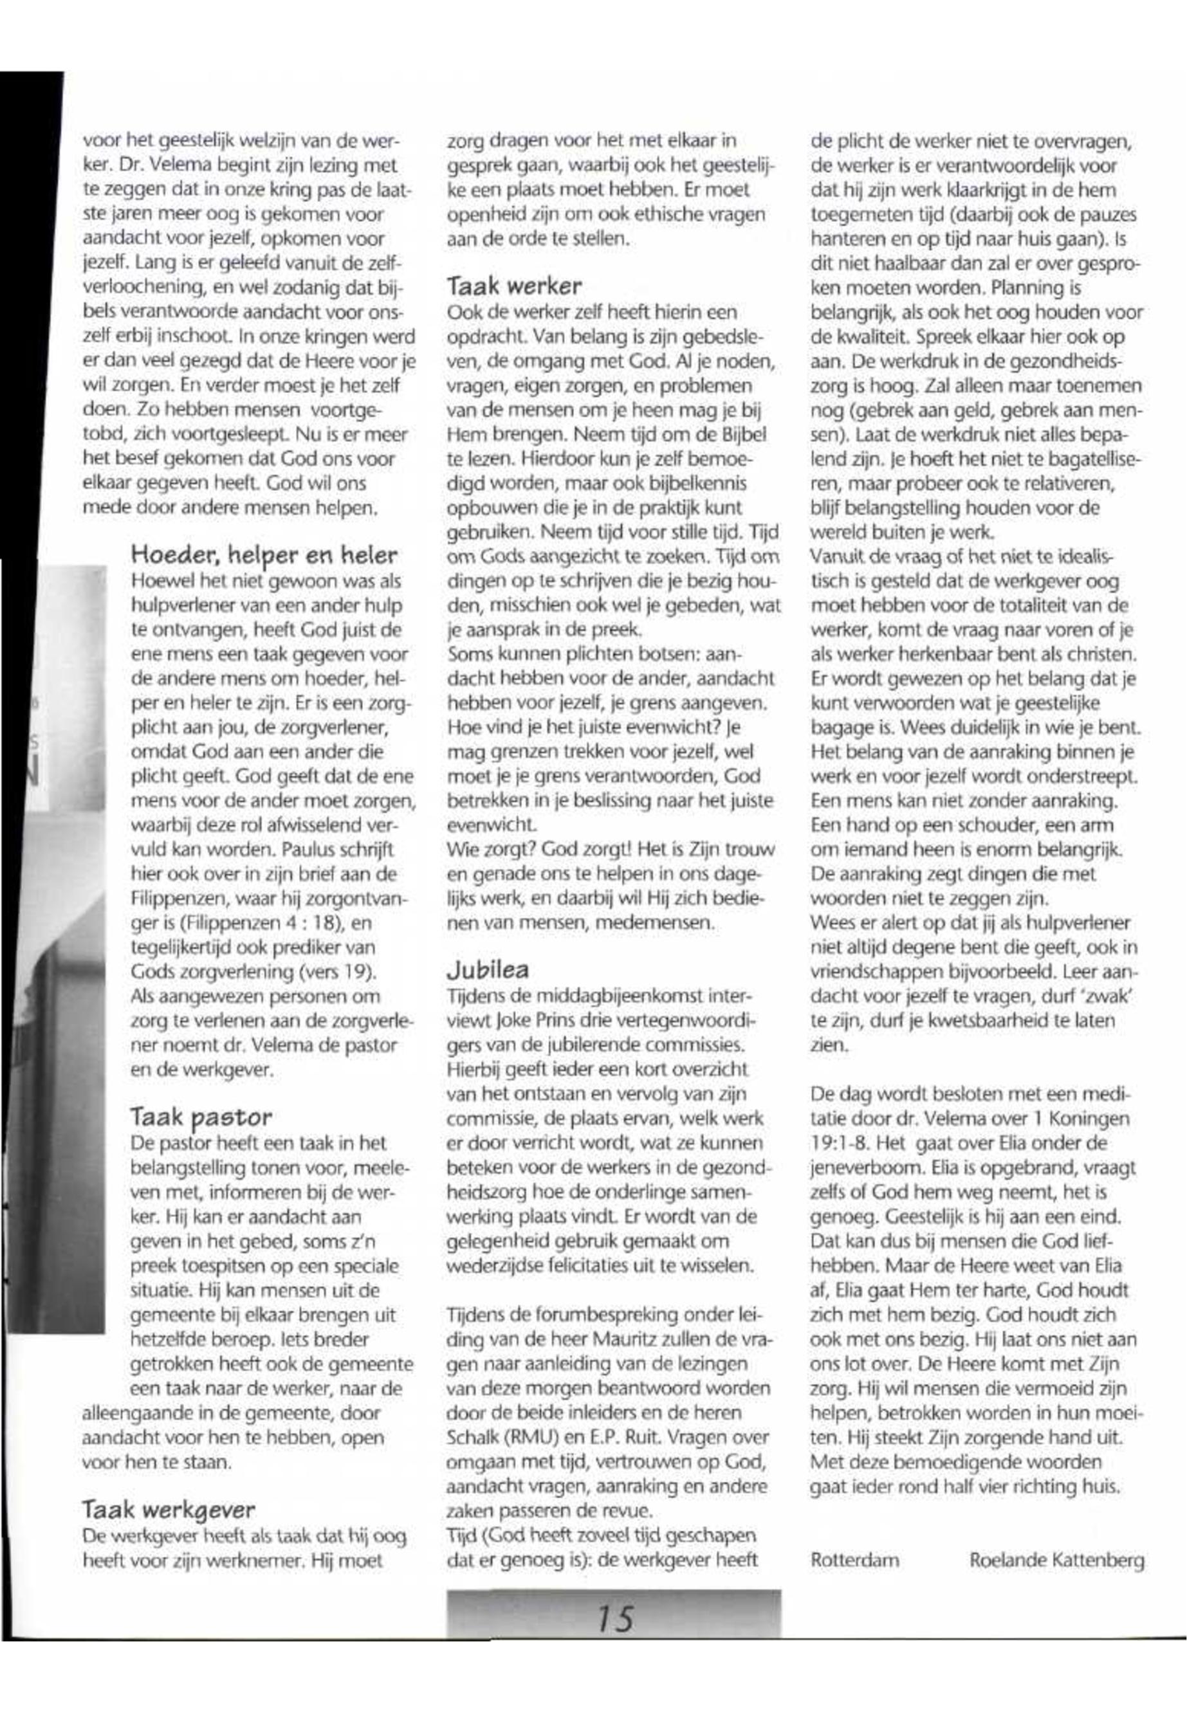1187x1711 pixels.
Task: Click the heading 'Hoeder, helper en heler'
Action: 263,554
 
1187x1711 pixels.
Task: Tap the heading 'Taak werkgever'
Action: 168,1510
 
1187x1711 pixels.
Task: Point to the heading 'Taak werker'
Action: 514,286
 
